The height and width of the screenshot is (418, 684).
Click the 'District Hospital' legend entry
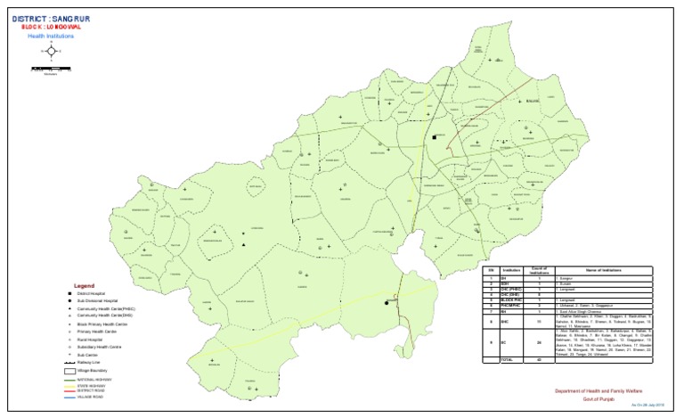[94, 294]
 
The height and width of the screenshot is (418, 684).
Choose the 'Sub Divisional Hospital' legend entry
[98, 301]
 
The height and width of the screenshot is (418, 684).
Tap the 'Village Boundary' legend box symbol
[69, 370]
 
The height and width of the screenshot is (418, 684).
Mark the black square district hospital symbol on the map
[436, 137]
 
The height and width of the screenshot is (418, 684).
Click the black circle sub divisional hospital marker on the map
[387, 303]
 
